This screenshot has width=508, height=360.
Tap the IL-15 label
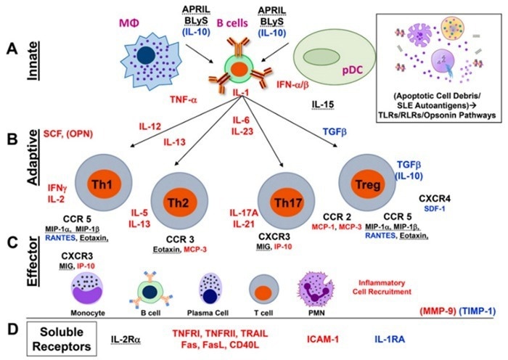(323, 106)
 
